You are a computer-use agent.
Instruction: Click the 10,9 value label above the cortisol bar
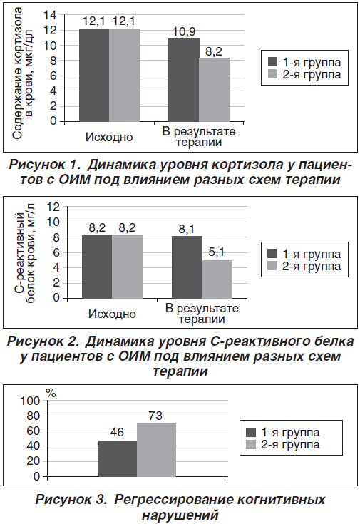[x=184, y=32]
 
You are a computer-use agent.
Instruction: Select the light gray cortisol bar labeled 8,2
[x=215, y=90]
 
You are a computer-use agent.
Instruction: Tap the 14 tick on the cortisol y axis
[x=51, y=15]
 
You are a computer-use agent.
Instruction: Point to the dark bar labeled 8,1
[x=187, y=267]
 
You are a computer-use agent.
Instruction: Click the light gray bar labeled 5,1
[x=217, y=279]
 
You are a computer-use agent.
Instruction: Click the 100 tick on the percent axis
[x=30, y=401]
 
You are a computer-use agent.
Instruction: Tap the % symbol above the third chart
[x=51, y=394]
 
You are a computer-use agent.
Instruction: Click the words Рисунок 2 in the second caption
[x=43, y=341]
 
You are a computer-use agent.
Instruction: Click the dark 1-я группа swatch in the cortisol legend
[x=273, y=62]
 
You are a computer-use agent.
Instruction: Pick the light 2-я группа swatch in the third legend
[x=251, y=445]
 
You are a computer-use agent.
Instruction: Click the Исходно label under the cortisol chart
[x=109, y=137]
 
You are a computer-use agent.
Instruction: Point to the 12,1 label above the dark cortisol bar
[x=94, y=21]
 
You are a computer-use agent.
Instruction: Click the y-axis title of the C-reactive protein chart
[x=25, y=252]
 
